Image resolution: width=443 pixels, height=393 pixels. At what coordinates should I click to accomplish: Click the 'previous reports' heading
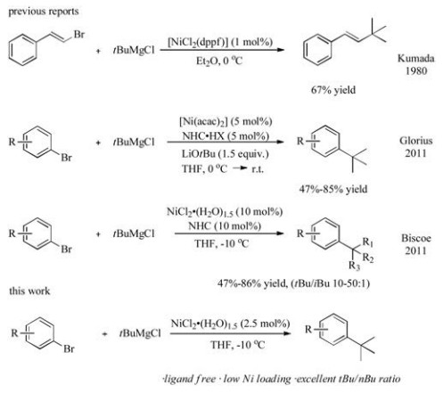44,12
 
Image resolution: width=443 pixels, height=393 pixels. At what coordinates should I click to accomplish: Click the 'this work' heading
29,291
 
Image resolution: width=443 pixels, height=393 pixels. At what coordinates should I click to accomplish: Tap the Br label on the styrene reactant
79,35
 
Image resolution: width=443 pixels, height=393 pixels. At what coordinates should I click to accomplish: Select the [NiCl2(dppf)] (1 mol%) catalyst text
220,42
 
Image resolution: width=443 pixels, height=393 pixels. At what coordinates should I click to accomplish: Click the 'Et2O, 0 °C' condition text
219,61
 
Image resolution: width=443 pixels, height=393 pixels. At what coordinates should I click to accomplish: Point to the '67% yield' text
333,90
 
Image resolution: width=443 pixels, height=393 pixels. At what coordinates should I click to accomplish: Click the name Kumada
416,58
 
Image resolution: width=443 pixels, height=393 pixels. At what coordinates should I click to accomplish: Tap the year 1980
416,70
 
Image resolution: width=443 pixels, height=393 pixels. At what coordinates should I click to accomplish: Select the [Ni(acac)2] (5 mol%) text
226,121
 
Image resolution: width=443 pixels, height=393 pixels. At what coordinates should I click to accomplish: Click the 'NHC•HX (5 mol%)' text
226,136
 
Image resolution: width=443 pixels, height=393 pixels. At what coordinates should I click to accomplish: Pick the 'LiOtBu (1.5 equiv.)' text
225,154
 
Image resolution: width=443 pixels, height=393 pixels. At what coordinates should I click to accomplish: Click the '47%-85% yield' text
333,189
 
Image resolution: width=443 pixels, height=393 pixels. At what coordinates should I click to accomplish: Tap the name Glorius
416,141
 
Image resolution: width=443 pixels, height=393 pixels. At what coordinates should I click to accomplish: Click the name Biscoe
416,238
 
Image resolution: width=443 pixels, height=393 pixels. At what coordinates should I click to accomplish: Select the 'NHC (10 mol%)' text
225,226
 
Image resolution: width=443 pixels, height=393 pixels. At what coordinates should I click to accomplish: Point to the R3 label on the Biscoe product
355,266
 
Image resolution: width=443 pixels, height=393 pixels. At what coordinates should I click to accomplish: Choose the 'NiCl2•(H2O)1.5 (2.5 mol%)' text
230,323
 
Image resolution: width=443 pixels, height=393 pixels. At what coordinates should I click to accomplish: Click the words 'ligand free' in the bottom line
190,379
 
